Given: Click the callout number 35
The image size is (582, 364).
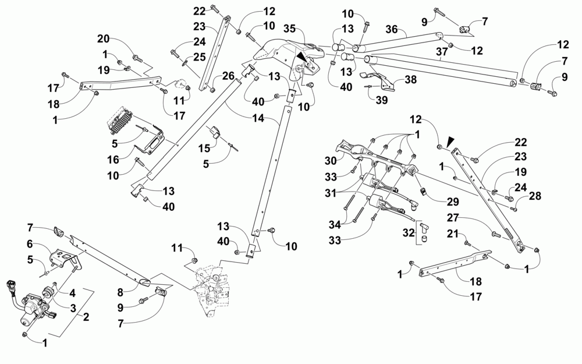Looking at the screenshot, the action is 289,28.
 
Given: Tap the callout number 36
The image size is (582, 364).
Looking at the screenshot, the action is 392,29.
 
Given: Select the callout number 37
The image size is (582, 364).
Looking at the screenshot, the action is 441,52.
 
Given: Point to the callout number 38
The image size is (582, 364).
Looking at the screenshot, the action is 410,79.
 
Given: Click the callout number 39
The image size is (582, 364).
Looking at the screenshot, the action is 382,100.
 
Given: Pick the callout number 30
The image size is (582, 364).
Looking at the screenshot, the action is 331,161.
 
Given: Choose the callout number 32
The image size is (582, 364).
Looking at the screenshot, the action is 409,233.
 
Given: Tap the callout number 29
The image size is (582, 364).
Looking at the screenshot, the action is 453,202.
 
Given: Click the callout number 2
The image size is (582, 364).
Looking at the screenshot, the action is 86,317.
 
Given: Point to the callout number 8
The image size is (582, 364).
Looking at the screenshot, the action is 120,292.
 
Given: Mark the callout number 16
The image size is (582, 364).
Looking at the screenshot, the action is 113,160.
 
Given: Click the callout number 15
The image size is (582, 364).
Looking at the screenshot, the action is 204,148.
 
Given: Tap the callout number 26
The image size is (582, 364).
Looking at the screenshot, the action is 228,76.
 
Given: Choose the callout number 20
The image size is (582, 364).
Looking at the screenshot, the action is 104,38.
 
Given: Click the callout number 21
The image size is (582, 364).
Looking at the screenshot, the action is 452,234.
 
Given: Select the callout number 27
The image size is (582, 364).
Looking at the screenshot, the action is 453,217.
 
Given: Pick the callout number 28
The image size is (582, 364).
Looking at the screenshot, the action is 535,196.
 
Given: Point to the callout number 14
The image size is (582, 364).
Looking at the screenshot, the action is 258,118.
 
